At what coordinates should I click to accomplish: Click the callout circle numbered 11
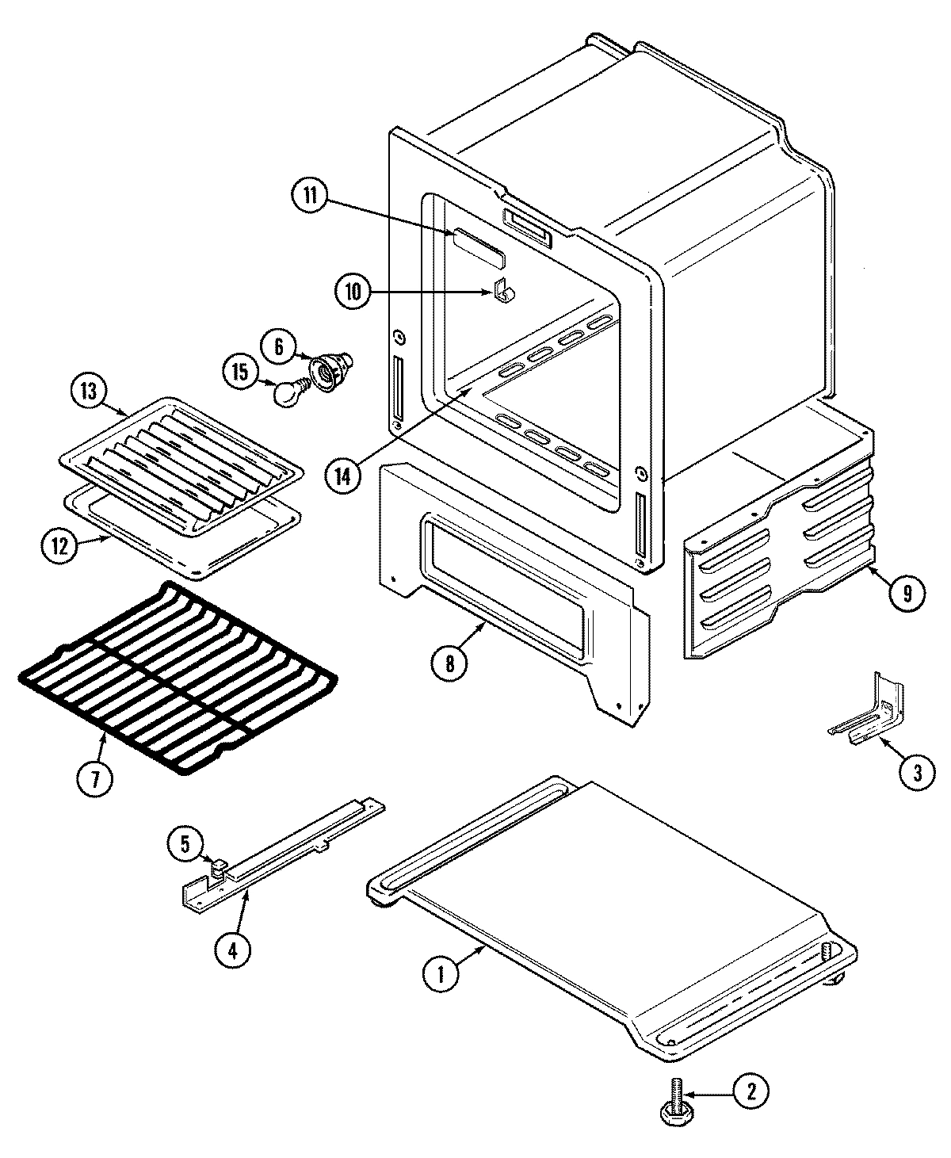pos(310,197)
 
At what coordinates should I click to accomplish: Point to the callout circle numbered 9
pos(906,592)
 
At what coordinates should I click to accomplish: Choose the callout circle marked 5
pos(185,844)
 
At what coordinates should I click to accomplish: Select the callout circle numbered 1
pos(441,974)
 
